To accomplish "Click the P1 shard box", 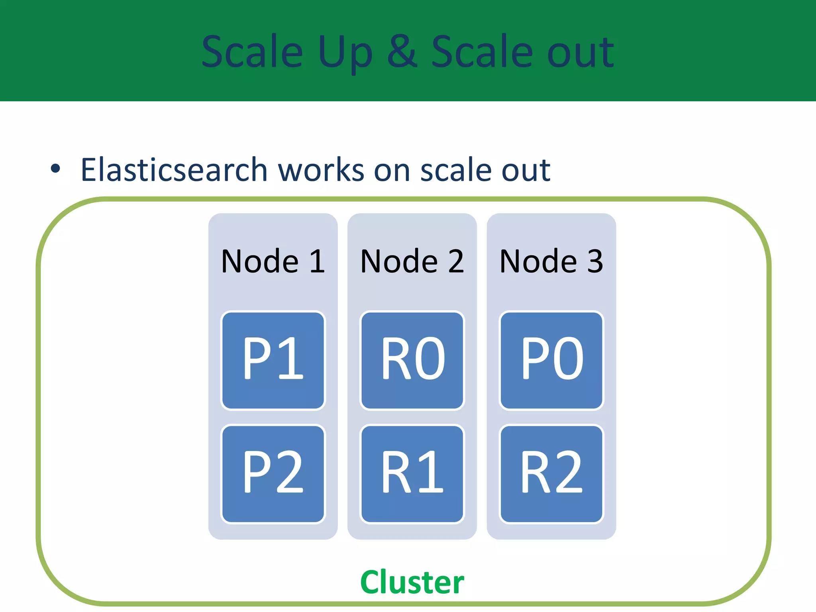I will click(x=273, y=360).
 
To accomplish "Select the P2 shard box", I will click(x=273, y=474).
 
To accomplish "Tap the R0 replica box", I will click(x=412, y=360).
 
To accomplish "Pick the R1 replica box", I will click(x=412, y=474).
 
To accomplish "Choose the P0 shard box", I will click(x=551, y=360).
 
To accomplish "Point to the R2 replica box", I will click(x=551, y=474).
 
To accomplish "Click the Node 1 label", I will click(x=273, y=261).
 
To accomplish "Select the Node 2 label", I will click(x=412, y=261).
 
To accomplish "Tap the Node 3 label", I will click(x=551, y=261).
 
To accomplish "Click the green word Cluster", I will click(x=412, y=582).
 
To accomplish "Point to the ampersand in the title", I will click(x=402, y=52).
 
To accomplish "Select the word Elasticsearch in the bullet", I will click(x=174, y=170).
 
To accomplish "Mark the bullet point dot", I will click(x=55, y=169).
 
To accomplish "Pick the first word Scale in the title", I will click(x=252, y=52).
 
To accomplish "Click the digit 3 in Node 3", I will click(x=595, y=261).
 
